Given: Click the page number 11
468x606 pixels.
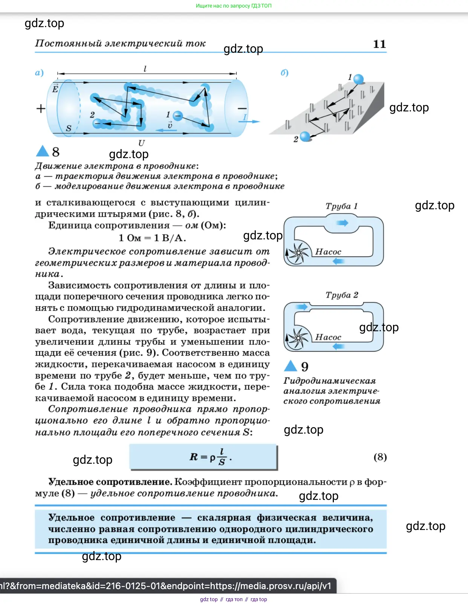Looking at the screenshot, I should point(379,44).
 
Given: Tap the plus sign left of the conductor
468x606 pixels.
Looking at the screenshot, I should point(41,109).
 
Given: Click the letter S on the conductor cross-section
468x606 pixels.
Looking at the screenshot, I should point(69,128).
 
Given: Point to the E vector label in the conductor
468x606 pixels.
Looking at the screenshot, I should point(55,89).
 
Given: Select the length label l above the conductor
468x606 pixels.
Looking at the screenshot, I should point(145,69).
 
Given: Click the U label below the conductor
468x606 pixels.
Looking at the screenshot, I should point(141,143).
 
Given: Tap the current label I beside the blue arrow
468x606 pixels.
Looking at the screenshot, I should point(245,117).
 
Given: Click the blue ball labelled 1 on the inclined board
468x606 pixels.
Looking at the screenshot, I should point(358,79).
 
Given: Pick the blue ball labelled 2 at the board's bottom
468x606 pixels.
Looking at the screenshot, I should point(305,136).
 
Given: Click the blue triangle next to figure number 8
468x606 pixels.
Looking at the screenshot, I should point(42,151).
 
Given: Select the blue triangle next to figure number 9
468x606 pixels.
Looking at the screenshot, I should point(291,366).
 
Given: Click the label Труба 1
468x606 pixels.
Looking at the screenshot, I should point(341,206).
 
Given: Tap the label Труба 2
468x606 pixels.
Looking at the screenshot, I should point(342,295).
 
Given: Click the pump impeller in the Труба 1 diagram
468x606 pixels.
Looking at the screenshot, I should point(298,252).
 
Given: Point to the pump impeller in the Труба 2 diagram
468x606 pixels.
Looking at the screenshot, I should point(298,338).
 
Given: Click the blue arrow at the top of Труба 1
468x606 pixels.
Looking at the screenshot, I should point(342,223).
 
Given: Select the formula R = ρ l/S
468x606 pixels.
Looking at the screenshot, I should point(210,457).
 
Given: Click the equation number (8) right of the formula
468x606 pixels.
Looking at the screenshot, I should point(380,457).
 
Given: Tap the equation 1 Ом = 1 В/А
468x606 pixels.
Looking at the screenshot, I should point(152,238).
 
